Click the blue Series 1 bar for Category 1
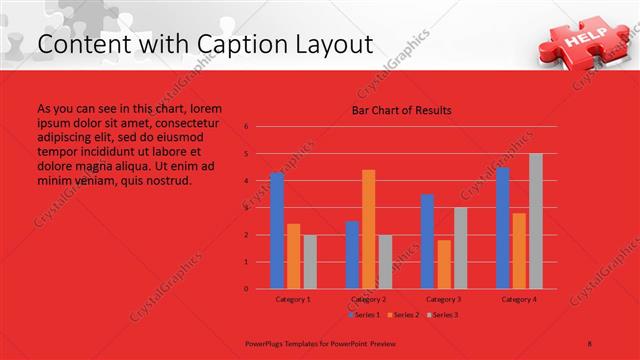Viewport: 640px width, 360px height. pos(277,230)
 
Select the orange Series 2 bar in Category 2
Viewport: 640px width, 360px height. pos(369,229)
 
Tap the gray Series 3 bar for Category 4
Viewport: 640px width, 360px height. pos(536,221)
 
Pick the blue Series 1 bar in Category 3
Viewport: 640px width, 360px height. pos(427,241)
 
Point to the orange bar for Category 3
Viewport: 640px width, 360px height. pos(444,264)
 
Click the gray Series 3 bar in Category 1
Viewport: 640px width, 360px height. pos(310,261)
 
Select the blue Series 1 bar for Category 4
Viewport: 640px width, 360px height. pos(503,228)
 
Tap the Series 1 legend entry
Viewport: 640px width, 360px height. pos(364,315)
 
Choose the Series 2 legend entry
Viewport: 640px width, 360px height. pos(402,315)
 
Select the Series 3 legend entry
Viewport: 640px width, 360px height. pos(441,315)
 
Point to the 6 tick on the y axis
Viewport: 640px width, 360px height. pos(246,127)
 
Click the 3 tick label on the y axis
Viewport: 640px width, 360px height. pos(246,208)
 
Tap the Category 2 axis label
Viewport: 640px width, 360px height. pos(369,299)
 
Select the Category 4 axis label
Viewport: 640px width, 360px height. pos(519,299)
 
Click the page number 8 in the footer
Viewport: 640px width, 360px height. pos(590,342)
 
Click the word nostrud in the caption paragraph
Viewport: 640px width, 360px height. pos(167,181)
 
